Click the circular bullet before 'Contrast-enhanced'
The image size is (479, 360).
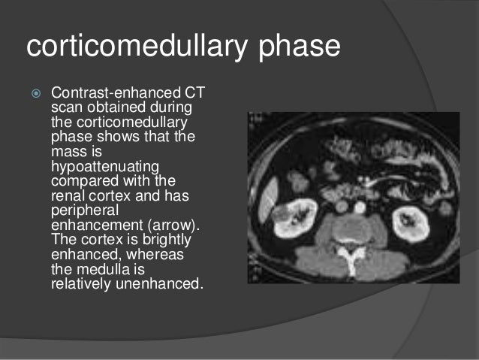(x=32, y=93)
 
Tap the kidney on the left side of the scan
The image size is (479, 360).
(x=295, y=218)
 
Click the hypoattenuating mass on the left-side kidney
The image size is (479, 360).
(x=282, y=219)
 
